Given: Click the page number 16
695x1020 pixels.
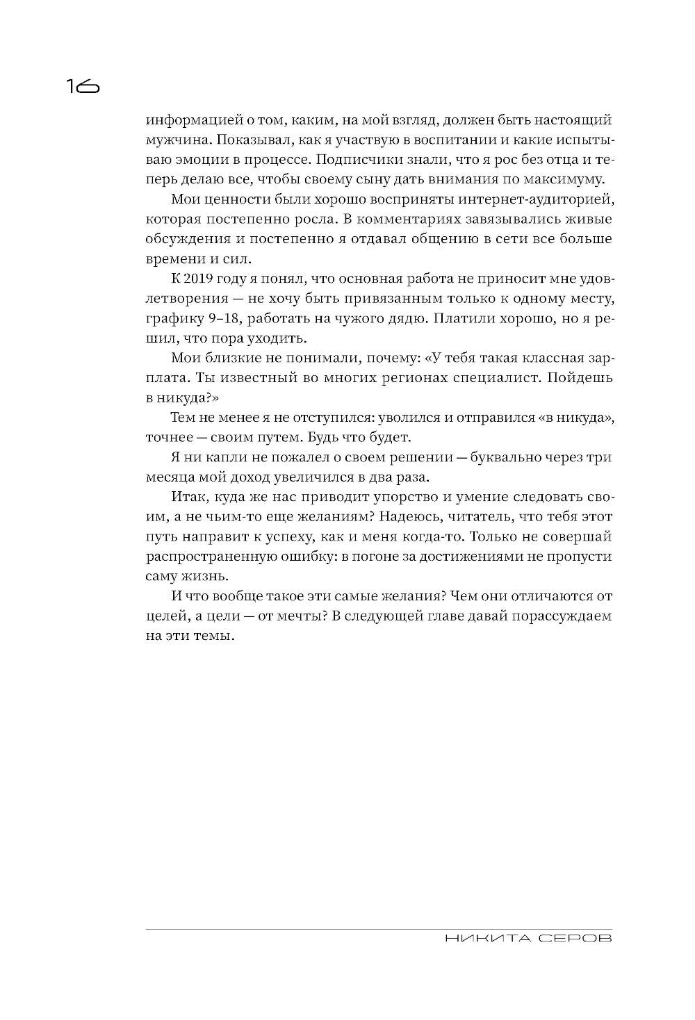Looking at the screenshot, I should click(x=83, y=86).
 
